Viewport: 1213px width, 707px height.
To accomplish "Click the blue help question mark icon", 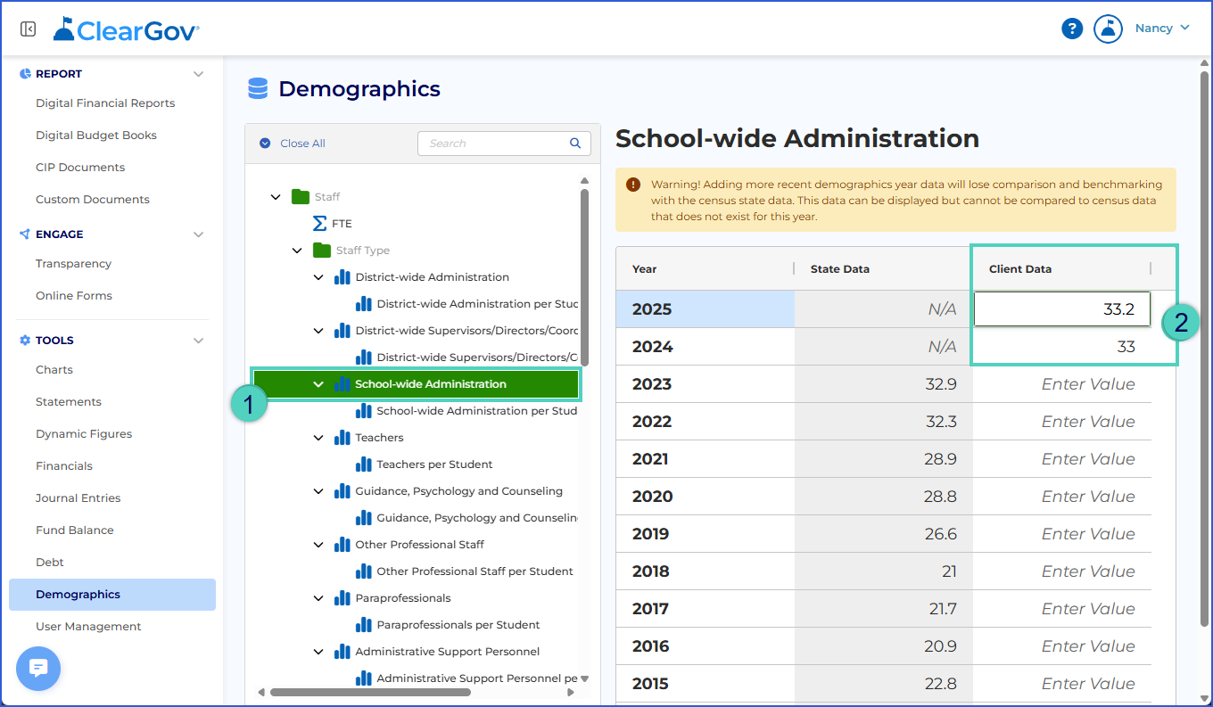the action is coord(1072,29).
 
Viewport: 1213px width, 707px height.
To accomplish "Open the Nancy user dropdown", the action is coord(1162,29).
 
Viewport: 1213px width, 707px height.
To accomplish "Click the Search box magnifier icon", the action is coord(575,143).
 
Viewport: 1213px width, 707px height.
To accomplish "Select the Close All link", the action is coord(302,143).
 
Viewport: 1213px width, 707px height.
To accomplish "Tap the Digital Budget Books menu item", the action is coord(95,135).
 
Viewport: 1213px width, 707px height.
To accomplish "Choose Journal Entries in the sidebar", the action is coord(78,497).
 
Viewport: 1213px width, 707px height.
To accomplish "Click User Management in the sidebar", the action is coord(88,626).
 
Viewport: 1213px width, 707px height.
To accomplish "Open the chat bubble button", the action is coord(38,668).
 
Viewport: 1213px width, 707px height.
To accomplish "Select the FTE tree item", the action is coord(342,223).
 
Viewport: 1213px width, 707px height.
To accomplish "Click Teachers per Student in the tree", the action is coord(434,464).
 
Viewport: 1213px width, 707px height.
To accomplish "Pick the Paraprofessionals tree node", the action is coord(403,597).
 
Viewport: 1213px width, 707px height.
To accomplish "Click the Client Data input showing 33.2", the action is coord(1062,309).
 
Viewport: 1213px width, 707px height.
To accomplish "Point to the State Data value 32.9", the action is coord(941,384).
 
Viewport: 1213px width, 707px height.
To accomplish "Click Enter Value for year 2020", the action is coord(1088,496).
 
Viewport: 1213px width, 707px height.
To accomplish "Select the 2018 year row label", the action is coord(650,571).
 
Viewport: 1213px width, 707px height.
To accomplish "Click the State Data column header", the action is coord(839,268).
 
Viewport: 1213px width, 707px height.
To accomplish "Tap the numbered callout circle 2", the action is coord(1181,323).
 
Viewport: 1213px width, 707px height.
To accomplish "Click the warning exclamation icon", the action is coord(633,185).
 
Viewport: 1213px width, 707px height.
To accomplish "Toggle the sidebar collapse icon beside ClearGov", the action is coord(29,29).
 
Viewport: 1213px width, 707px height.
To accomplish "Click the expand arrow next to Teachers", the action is coord(318,438).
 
